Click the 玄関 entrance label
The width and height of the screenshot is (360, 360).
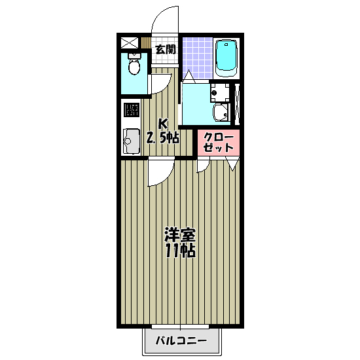[166, 49]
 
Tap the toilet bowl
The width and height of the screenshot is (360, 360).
[134, 66]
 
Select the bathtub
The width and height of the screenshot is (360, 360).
[226, 57]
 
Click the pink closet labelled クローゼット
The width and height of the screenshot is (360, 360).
[219, 143]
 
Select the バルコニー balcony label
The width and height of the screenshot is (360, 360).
[181, 342]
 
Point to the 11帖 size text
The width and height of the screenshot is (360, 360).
[180, 251]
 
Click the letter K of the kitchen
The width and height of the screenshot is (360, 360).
[165, 123]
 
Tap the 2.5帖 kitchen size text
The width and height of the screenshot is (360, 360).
[162, 137]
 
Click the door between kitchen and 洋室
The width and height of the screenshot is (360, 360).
[159, 171]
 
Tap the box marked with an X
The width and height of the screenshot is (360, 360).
[128, 43]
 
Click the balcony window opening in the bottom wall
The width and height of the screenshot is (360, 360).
[180, 325]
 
